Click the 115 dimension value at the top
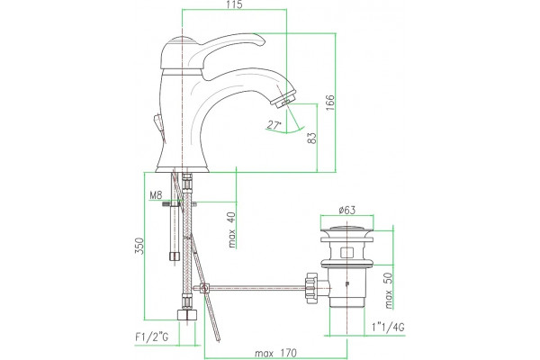(235, 4)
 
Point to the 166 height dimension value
(330, 103)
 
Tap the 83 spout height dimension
(311, 138)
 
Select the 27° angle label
(274, 125)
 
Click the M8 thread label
(156, 195)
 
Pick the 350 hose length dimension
(139, 246)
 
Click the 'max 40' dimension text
(232, 229)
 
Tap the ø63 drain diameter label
(346, 210)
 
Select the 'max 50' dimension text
(388, 291)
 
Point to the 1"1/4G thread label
(388, 327)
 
